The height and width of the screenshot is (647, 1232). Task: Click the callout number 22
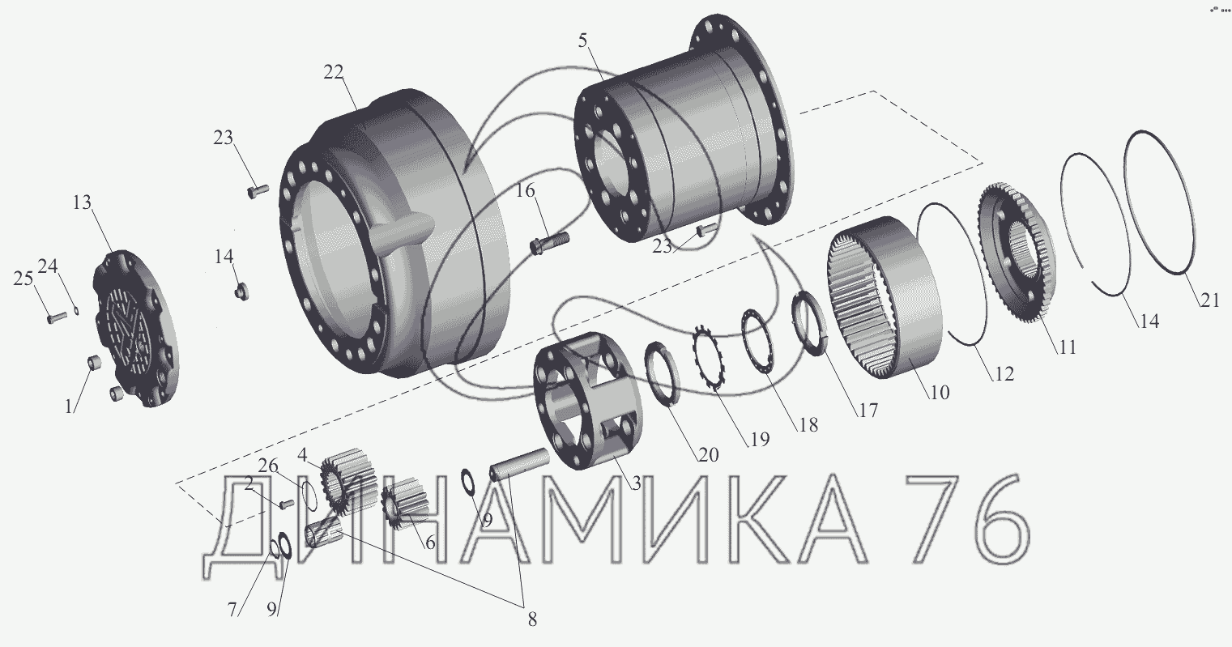[x=333, y=72]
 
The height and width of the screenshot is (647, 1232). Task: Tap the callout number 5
[x=583, y=40]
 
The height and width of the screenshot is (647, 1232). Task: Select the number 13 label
[x=82, y=202]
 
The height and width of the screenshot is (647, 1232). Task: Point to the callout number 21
[x=1210, y=300]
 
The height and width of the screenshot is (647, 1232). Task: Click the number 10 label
[x=940, y=392]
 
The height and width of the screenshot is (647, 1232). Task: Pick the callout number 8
[x=532, y=619]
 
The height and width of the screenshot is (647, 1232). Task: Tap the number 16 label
[x=525, y=190]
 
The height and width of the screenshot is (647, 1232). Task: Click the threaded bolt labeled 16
[x=549, y=243]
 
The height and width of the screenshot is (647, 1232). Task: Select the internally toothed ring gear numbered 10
[x=884, y=297]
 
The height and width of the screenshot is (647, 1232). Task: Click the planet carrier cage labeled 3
[x=587, y=402]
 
